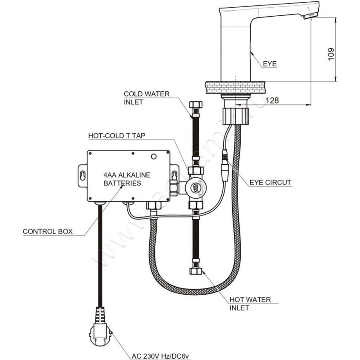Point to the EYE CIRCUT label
click(270, 183)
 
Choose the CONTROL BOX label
click(47, 232)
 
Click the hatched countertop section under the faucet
click(234, 86)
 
